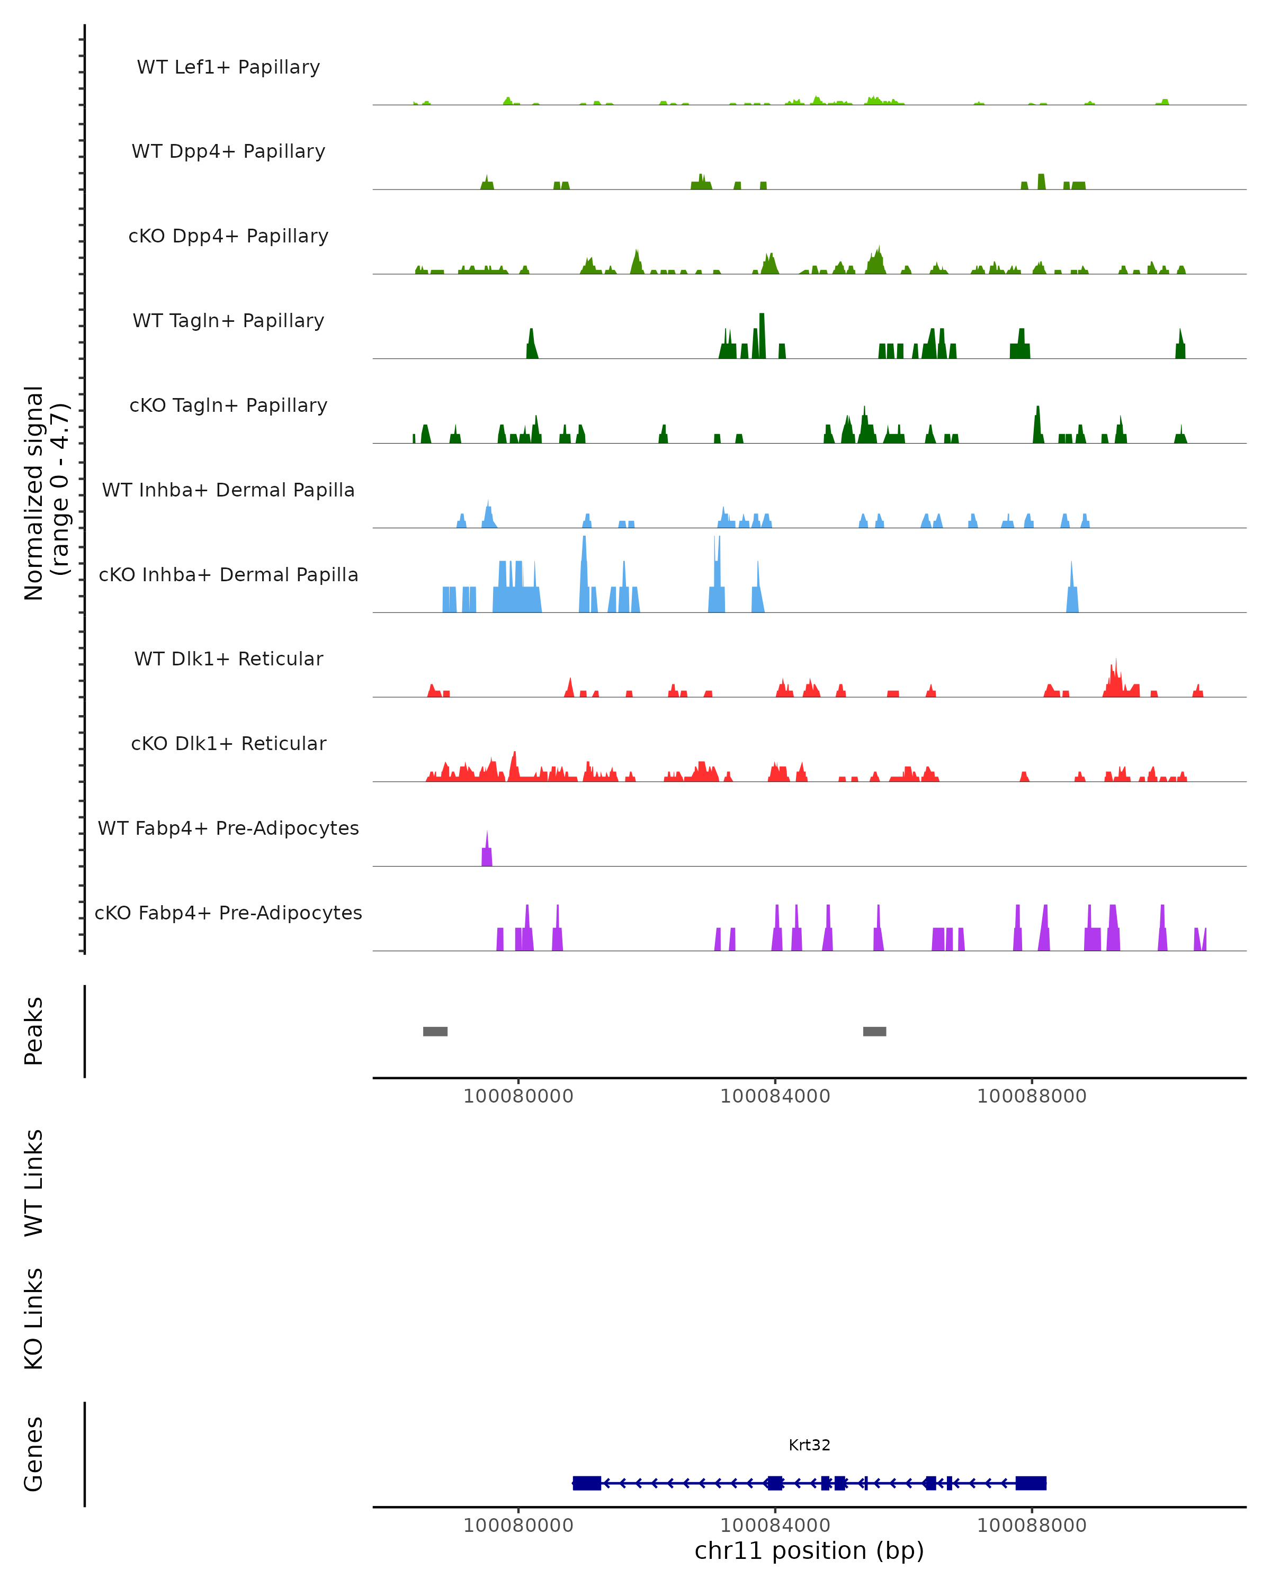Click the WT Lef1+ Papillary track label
point(228,67)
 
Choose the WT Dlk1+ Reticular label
point(228,658)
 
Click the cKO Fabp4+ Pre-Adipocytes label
point(228,913)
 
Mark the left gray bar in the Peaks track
point(435,1031)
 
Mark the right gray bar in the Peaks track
point(874,1031)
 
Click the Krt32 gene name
point(809,1445)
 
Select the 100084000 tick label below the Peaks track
point(775,1096)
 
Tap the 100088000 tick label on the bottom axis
point(1032,1526)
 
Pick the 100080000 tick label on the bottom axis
point(518,1526)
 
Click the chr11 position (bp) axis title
point(809,1551)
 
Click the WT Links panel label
point(34,1182)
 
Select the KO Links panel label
point(34,1319)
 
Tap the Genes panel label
point(34,1454)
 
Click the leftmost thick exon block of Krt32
point(587,1483)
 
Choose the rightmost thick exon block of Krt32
point(1031,1483)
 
